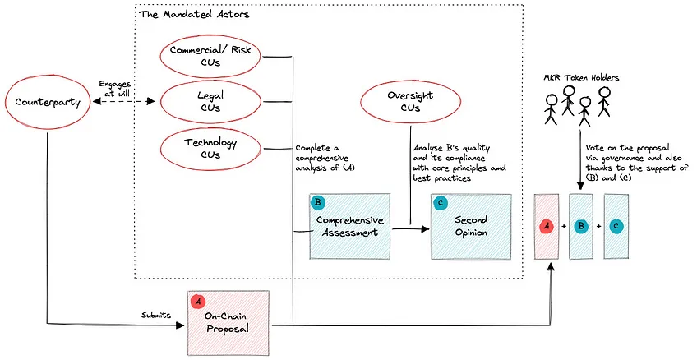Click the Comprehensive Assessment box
(x=350, y=226)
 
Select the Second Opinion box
(x=471, y=226)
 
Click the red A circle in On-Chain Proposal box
(x=198, y=302)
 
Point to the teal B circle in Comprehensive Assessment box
(x=318, y=203)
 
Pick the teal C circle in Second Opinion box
(x=440, y=203)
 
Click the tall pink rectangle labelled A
(x=547, y=226)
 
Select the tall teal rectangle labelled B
(x=581, y=226)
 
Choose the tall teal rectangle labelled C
(x=616, y=226)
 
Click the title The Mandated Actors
(x=194, y=14)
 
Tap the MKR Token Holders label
(x=581, y=78)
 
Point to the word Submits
(x=156, y=315)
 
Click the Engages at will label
(x=115, y=89)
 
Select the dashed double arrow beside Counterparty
(x=123, y=102)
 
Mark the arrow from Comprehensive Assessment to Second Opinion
(x=410, y=228)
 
